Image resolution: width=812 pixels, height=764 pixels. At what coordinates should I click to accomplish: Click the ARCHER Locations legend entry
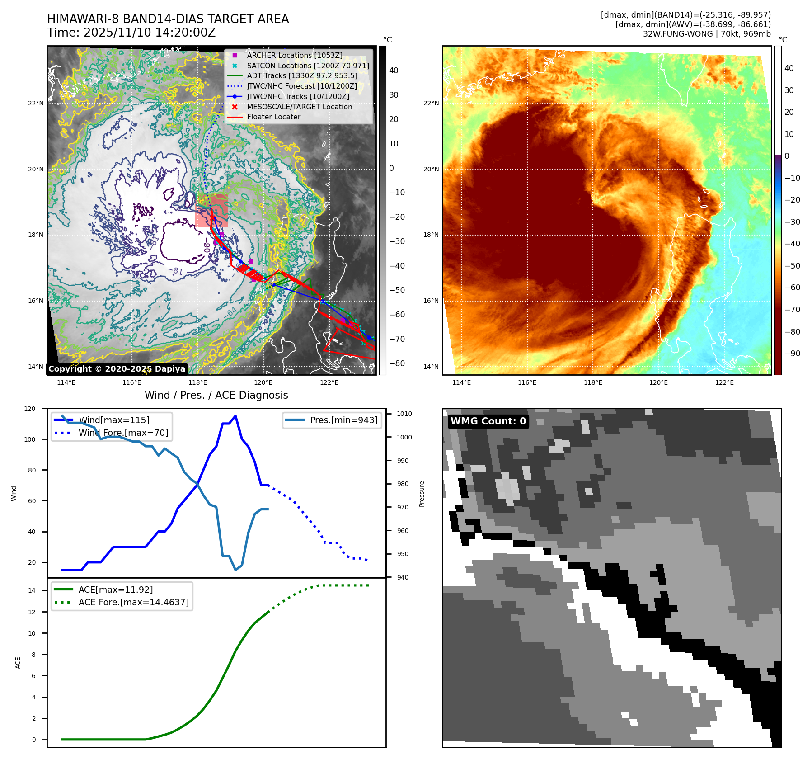point(294,55)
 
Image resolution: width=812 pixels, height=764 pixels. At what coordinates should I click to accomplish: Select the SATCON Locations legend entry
point(308,66)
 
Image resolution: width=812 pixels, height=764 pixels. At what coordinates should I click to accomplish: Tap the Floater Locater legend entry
point(273,117)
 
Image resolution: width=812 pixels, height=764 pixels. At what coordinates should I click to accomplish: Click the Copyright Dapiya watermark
point(117,369)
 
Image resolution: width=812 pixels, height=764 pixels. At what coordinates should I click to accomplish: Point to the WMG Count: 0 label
point(488,421)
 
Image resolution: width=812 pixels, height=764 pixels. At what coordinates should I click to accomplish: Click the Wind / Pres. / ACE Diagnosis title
point(216,395)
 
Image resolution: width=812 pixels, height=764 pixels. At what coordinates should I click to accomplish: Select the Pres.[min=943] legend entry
point(343,420)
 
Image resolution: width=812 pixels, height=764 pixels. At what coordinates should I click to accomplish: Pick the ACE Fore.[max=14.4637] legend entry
point(133,602)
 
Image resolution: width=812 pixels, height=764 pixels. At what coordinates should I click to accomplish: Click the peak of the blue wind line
point(235,416)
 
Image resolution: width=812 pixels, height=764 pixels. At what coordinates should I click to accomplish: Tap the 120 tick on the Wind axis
point(30,409)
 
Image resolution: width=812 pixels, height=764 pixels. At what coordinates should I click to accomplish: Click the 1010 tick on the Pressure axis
point(404,414)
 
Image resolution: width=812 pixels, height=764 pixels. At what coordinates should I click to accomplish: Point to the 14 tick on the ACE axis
point(32,590)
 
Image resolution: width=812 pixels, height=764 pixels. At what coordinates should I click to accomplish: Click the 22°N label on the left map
point(36,103)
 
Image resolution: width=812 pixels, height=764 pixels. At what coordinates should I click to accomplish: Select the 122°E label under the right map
point(724,382)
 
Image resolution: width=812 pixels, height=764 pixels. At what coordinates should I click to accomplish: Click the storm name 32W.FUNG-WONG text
point(678,34)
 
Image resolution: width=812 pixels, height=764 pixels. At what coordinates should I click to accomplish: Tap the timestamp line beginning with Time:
point(131,33)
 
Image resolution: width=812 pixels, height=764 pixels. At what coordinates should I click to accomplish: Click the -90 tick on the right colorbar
point(792,354)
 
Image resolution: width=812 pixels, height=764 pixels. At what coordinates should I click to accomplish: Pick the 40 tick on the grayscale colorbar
point(394,71)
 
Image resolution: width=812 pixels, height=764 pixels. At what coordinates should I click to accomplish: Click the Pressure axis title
point(422,494)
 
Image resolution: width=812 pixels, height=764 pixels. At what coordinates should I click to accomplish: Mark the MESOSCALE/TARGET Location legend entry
point(299,107)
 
